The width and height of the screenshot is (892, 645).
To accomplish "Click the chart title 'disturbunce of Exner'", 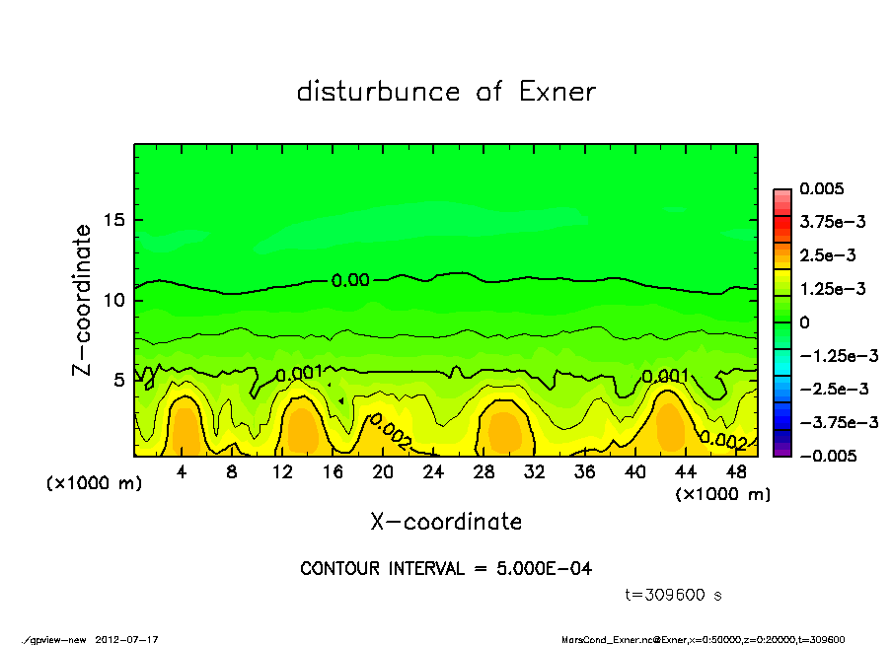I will (x=446, y=92).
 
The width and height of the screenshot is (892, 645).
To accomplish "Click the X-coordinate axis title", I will (x=446, y=522).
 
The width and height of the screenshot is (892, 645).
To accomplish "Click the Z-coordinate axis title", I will (x=83, y=299).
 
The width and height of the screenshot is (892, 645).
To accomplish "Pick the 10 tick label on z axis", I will (x=114, y=299).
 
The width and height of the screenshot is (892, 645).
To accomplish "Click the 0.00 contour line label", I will (x=350, y=280).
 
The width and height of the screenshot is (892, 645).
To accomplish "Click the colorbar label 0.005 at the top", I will (x=825, y=188).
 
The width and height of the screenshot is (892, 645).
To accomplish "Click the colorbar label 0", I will (x=804, y=322).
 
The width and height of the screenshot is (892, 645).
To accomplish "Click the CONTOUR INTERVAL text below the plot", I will (x=446, y=569).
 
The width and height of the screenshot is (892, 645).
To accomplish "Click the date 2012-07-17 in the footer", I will (x=127, y=639).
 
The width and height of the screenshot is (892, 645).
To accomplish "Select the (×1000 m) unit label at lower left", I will (x=94, y=484).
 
